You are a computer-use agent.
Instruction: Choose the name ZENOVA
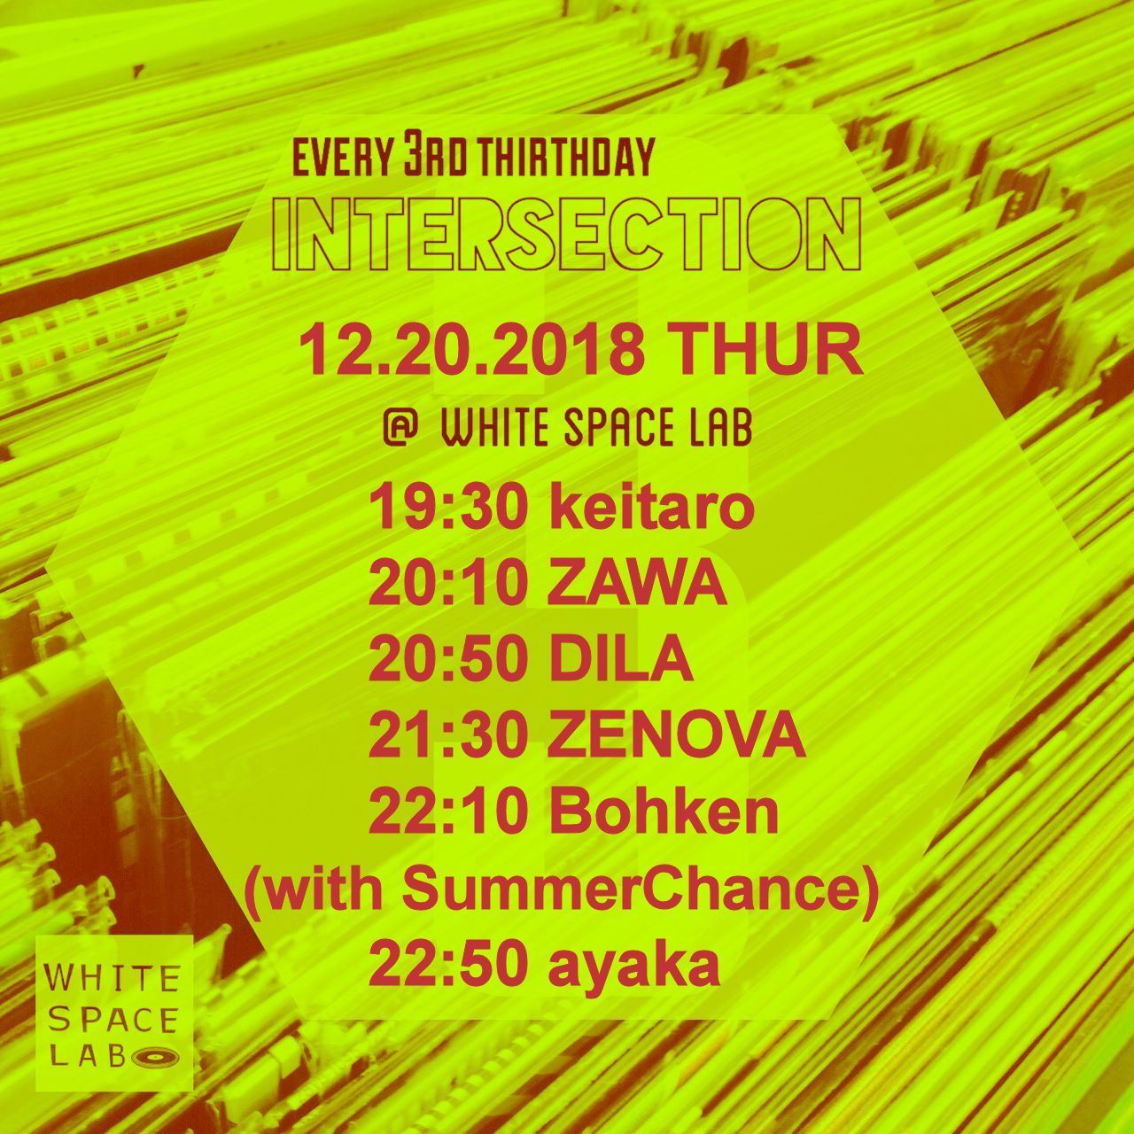(678, 737)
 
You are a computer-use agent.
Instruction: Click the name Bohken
(664, 813)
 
